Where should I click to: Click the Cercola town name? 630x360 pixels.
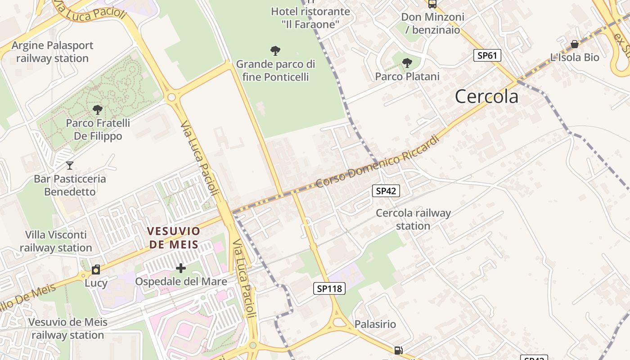[x=486, y=97]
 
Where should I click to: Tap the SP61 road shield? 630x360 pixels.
[x=487, y=56]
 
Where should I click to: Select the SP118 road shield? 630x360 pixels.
[x=329, y=288]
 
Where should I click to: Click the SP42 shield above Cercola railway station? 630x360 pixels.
[x=386, y=191]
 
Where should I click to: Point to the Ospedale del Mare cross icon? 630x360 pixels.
[x=180, y=269]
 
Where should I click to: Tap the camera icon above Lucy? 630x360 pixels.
[x=96, y=270]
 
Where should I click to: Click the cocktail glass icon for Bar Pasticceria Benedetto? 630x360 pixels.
[x=69, y=166]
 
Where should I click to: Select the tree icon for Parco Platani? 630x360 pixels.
[x=407, y=63]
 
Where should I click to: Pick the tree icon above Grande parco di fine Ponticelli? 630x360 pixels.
[x=275, y=51]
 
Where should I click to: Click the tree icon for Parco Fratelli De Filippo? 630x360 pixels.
[x=97, y=109]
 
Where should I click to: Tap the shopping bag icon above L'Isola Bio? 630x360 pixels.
[x=575, y=44]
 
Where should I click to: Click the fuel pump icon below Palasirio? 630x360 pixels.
[x=398, y=350]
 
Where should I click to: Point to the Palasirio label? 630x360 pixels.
[x=375, y=324]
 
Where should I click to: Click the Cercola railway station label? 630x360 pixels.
[x=413, y=219]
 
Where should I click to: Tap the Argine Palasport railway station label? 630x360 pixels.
[x=52, y=52]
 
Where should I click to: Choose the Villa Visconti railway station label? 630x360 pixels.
[x=56, y=241]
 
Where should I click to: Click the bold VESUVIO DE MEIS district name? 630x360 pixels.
[x=173, y=238]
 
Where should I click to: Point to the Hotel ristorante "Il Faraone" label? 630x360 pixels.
[x=310, y=18]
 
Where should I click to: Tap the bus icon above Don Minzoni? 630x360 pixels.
[x=432, y=4]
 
